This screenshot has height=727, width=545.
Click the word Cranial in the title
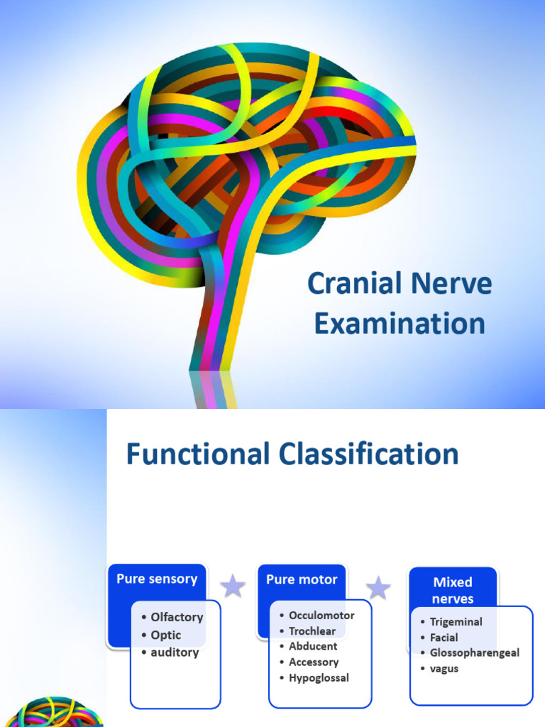[346, 285]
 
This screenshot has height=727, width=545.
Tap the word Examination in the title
[400, 324]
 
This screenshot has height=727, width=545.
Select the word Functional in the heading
[197, 454]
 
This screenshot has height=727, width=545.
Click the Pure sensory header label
[157, 579]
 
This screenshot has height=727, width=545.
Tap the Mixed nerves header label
[453, 590]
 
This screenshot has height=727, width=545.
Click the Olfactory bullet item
[177, 617]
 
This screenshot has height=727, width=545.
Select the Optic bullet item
[165, 635]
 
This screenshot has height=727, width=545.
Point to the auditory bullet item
[175, 652]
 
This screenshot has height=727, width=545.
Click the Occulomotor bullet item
[321, 615]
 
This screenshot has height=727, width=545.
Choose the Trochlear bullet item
[312, 630]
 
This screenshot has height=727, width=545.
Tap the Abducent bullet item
[313, 646]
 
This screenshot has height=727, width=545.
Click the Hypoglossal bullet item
[319, 677]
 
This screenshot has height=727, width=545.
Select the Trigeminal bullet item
[456, 622]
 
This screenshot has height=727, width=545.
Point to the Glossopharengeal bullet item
[474, 652]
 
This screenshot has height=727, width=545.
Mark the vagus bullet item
[444, 668]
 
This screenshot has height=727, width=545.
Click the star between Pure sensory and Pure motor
[232, 586]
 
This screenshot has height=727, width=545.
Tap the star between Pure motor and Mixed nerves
[378, 587]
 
